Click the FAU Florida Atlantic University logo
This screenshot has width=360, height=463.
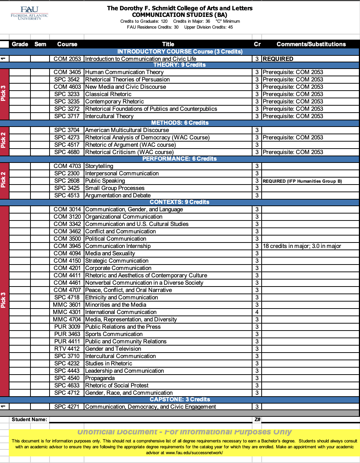tap(29, 13)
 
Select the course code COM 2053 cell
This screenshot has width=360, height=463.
tap(67, 59)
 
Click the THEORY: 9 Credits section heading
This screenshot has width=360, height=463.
tap(179, 65)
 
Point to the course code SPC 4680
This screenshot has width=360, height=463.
tap(67, 152)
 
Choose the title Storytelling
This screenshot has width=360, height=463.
tap(99, 166)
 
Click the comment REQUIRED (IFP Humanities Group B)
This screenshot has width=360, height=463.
tap(302, 181)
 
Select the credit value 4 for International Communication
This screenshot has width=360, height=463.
tap(257, 312)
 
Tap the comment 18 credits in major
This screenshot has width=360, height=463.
tap(302, 246)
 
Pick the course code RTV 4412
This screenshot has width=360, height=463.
tap(67, 349)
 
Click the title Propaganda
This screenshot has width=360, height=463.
tap(100, 378)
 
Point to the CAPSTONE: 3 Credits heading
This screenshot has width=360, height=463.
tap(180, 400)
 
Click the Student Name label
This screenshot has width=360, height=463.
tap(29, 419)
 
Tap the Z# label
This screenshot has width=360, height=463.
tap(257, 419)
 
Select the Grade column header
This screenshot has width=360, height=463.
tap(20, 44)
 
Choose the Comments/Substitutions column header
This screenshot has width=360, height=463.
tap(311, 44)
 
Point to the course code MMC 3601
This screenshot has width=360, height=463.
tap(67, 305)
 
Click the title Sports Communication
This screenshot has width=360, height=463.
tap(114, 334)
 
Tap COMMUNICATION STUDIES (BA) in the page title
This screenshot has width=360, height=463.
tap(179, 15)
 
